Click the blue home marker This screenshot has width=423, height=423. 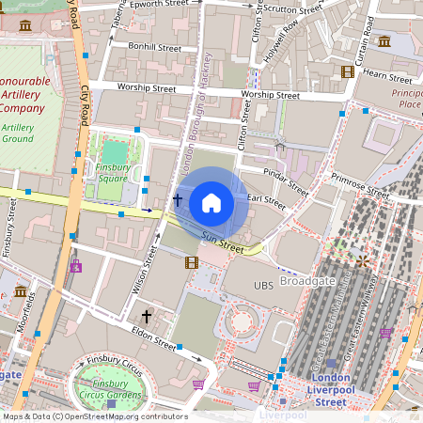[211, 202]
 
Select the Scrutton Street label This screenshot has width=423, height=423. [293, 8]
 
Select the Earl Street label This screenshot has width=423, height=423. [266, 199]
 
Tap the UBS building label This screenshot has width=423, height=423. [264, 284]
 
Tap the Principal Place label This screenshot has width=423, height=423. [406, 98]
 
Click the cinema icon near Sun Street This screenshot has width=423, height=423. [192, 262]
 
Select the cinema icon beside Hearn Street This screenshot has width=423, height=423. [348, 71]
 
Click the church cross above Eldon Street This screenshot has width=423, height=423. [146, 316]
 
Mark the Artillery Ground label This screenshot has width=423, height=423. [18, 133]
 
